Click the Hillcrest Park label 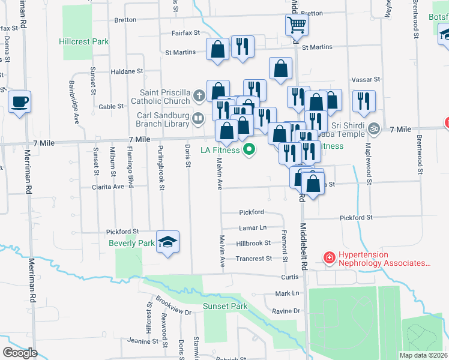click(84, 42)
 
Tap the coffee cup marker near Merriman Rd click(19, 101)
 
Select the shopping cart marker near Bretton click(297, 26)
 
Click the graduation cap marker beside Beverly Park click(169, 242)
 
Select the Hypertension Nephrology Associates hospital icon click(329, 259)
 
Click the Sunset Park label click(225, 306)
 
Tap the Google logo click(20, 353)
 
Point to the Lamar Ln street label click(252, 228)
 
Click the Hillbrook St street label click(253, 244)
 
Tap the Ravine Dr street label click(285, 311)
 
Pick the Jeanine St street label click(142, 341)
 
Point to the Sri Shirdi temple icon click(374, 128)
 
